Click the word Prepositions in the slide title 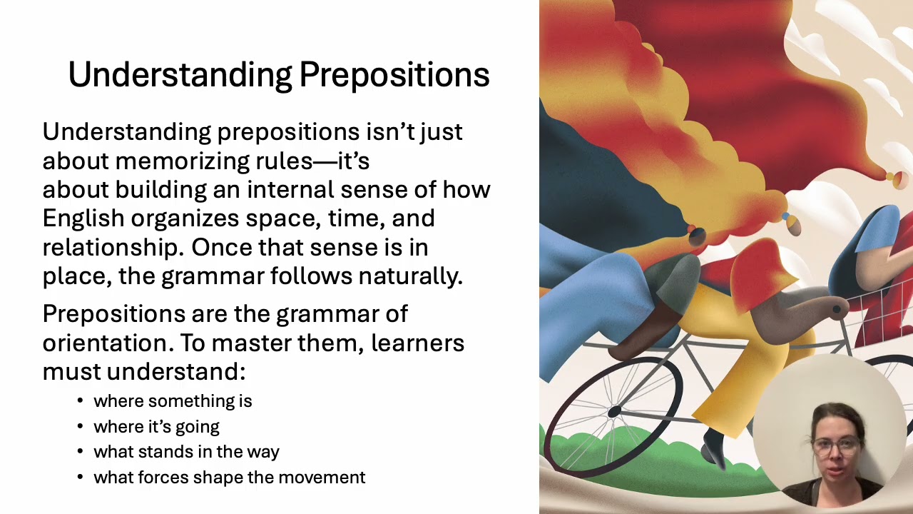(394, 75)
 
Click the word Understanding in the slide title (180, 75)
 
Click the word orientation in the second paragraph (106, 343)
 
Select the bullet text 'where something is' (173, 401)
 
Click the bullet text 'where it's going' (156, 427)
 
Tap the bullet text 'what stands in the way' (186, 452)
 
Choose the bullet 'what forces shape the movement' (229, 478)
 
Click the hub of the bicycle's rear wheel (614, 411)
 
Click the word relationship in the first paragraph (111, 247)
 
